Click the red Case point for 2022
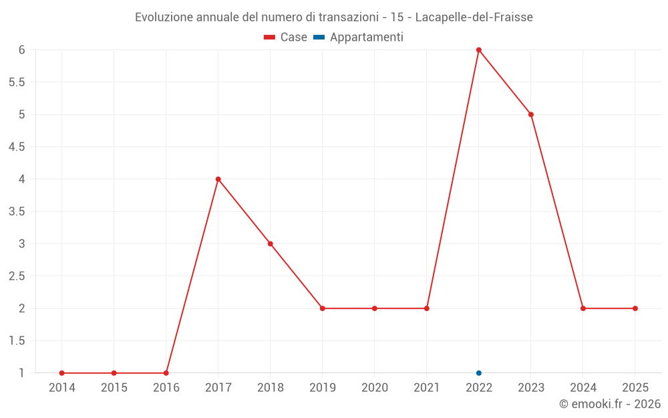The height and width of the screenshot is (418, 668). pos(479,49)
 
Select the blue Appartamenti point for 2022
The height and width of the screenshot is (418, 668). pos(479,373)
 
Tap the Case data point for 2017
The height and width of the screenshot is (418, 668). pos(218,179)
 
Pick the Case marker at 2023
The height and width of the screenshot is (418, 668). pos(531,114)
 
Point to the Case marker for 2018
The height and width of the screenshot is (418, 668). pos(271,243)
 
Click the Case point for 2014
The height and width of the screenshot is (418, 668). pos(62,373)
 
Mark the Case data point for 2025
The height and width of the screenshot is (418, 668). pos(635,308)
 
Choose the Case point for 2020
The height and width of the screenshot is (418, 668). pos(375,308)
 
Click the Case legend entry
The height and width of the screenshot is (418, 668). pos(286,37)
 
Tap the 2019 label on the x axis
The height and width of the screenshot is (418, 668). pos(323,388)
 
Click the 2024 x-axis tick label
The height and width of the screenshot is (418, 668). pos(583,388)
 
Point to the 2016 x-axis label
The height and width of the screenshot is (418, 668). pos(166,388)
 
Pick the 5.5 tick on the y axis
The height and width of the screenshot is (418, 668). pos(17,82)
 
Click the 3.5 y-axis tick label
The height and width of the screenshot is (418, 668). pos(17,211)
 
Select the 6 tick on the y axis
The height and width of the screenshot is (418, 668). pos(22,49)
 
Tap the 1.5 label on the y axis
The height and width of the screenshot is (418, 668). pos(17,341)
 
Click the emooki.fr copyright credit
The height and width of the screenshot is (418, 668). pos(610,404)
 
